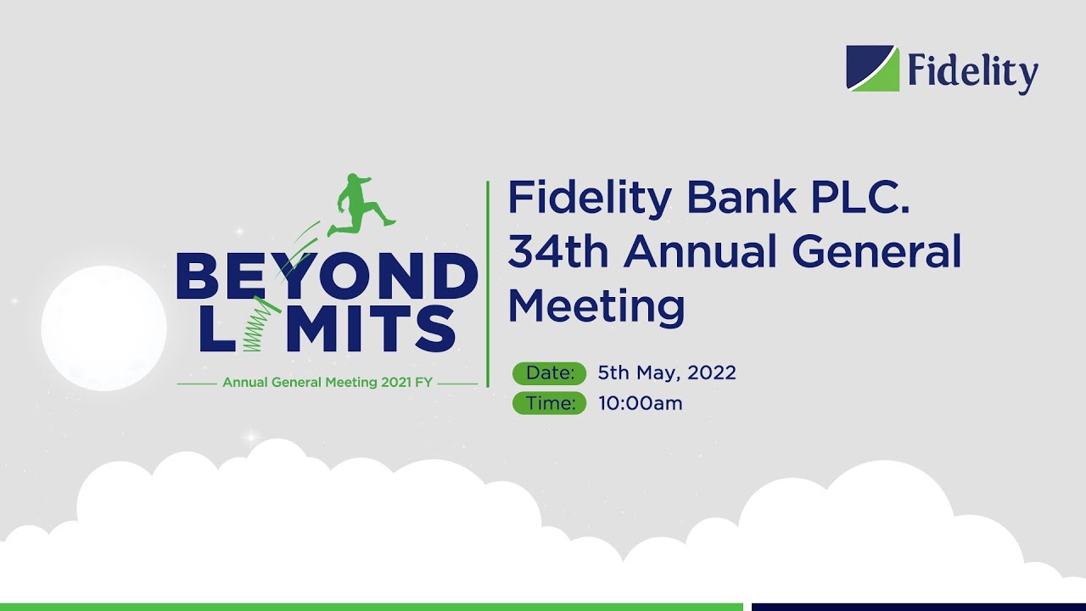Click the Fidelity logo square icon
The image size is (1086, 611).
(x=872, y=68)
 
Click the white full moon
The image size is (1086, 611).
(x=104, y=328)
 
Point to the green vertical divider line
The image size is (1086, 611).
(x=488, y=284)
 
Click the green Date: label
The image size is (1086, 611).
(x=549, y=373)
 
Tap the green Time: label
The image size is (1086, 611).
(x=549, y=403)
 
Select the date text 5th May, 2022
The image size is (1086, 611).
(x=667, y=373)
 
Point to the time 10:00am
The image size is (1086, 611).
(x=640, y=403)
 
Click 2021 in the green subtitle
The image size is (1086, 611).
(x=396, y=383)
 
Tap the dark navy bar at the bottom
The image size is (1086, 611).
(x=918, y=607)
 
